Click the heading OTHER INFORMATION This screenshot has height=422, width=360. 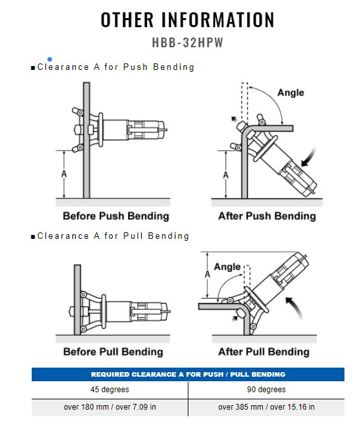click(188, 19)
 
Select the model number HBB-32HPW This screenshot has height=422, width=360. click(188, 43)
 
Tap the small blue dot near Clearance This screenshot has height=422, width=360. click(50, 59)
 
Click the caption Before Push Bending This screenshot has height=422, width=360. click(116, 216)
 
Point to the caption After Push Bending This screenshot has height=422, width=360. click(267, 216)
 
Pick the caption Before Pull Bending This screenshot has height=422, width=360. click(113, 351)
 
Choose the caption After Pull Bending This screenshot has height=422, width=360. click(264, 351)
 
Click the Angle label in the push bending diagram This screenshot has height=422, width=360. click(291, 93)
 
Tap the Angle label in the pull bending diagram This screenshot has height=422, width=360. click(227, 267)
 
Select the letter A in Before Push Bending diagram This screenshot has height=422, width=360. click(64, 174)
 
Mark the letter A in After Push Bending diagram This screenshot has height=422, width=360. click(225, 175)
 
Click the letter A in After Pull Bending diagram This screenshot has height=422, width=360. click(207, 274)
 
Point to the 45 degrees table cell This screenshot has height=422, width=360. click(110, 390)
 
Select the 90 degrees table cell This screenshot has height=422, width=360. click(266, 390)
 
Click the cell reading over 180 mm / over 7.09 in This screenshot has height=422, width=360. click(110, 406)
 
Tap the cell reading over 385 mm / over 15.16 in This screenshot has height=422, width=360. click(266, 406)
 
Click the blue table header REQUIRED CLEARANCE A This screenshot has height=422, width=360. click(188, 374)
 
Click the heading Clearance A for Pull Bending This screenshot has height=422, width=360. click(111, 236)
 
